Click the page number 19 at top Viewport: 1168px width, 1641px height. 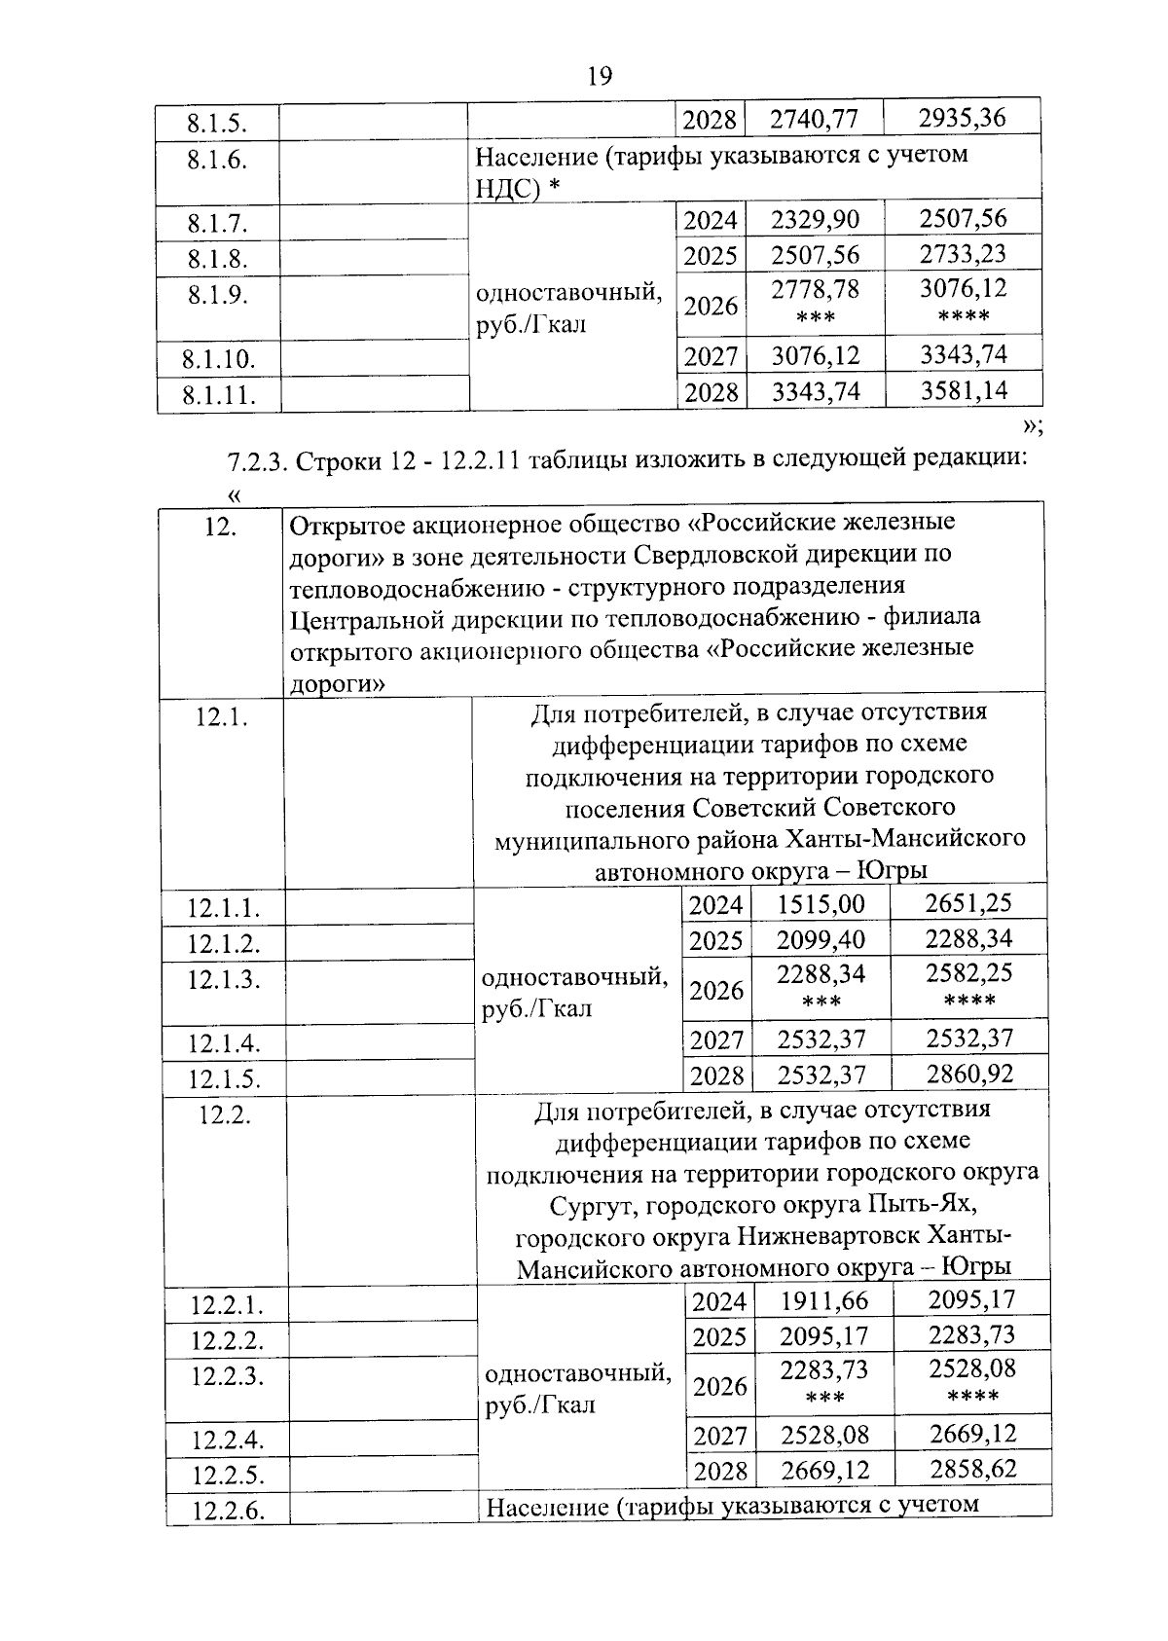point(601,75)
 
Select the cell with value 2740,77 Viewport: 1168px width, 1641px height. point(814,119)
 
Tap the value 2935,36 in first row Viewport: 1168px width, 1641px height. point(962,118)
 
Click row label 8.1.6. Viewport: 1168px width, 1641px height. point(217,161)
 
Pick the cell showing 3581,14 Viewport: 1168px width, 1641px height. point(964,391)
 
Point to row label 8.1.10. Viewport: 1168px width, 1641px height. point(218,360)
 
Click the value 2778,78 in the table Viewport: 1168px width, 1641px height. point(816,289)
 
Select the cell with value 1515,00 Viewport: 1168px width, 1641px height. point(821,904)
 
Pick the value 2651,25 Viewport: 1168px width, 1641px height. point(968,902)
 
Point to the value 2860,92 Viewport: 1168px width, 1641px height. point(969,1074)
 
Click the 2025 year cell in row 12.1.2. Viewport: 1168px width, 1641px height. point(715,940)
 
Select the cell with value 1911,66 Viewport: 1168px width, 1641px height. point(823,1300)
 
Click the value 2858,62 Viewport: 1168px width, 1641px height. point(972,1468)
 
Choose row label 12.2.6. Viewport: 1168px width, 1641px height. point(227,1511)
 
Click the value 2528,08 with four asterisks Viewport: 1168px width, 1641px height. point(971,1368)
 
